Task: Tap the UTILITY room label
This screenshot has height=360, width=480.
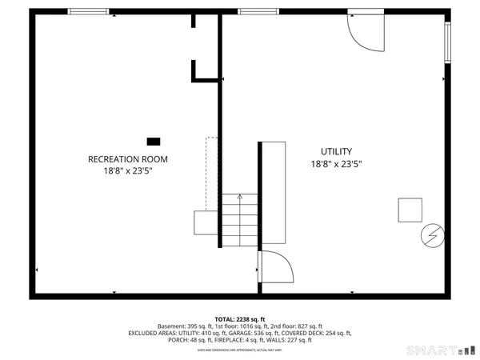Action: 336,151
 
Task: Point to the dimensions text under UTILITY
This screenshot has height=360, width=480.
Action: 336,164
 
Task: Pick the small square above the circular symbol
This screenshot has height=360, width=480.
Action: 410,210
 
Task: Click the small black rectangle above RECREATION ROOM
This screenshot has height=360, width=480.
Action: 153,141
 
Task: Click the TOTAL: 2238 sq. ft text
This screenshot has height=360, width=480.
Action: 239,318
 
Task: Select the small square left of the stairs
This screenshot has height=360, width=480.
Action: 205,222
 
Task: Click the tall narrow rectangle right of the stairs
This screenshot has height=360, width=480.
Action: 274,192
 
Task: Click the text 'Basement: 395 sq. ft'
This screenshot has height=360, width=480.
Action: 185,326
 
